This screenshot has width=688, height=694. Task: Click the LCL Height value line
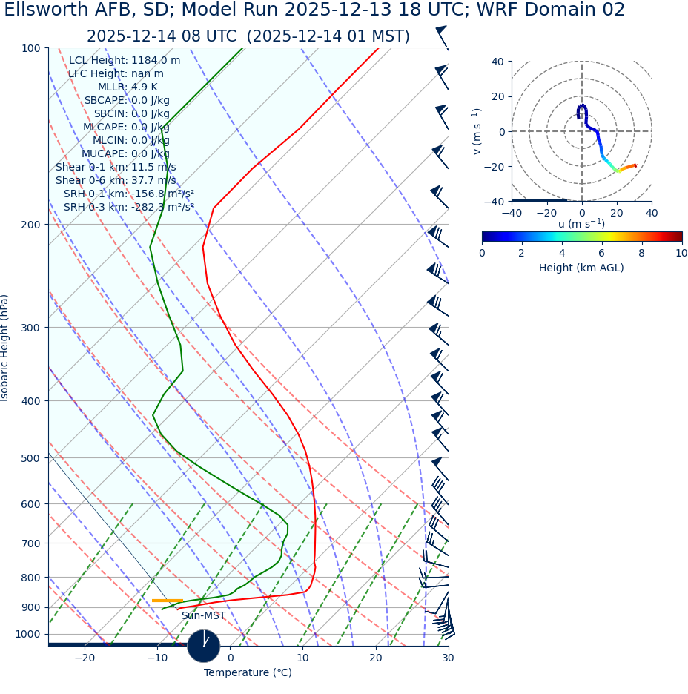pos(125,61)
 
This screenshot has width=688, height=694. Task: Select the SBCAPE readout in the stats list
pos(127,101)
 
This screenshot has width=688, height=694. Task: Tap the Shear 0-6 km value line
pos(116,181)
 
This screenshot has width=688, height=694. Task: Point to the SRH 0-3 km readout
pos(129,208)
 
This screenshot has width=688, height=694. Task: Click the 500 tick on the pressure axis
pos(31,458)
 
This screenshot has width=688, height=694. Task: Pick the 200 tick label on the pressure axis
pos(31,225)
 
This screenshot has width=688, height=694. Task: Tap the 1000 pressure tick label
pos(28,635)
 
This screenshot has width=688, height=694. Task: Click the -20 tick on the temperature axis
pos(85,658)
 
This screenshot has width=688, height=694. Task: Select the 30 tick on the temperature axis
pos(448,658)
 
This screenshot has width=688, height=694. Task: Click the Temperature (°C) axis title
pos(248,673)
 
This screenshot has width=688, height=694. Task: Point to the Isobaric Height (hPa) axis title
pos(5,348)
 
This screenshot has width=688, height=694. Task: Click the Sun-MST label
pos(203,616)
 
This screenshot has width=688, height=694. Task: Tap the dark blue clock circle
pos(204,646)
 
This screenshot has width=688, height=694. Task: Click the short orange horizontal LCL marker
pos(168,601)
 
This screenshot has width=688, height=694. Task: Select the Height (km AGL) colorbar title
pos(581,268)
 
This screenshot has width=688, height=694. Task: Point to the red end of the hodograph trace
pos(635,165)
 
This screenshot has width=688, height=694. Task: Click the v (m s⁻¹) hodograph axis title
pos(477,131)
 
